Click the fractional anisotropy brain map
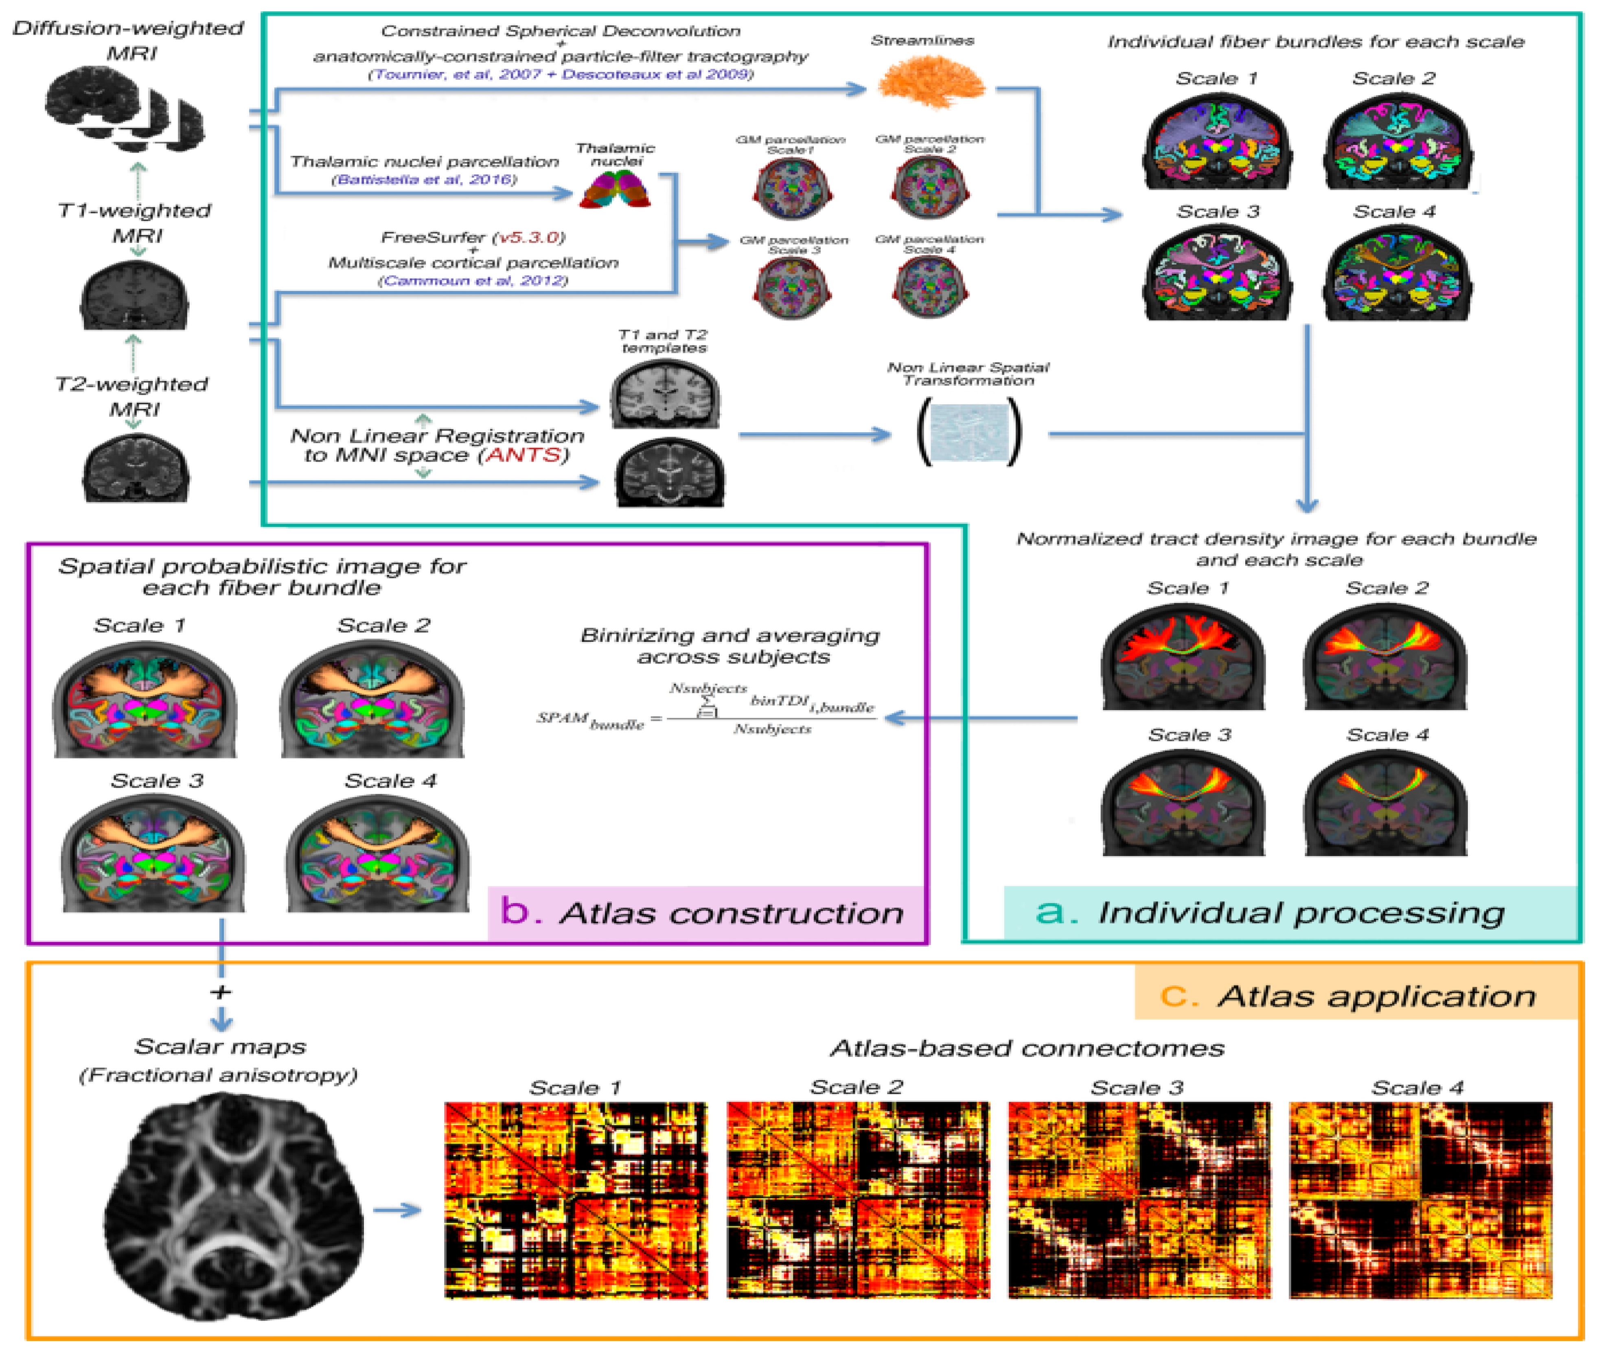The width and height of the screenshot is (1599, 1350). tap(233, 1209)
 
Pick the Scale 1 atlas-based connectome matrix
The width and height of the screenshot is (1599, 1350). tap(576, 1200)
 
